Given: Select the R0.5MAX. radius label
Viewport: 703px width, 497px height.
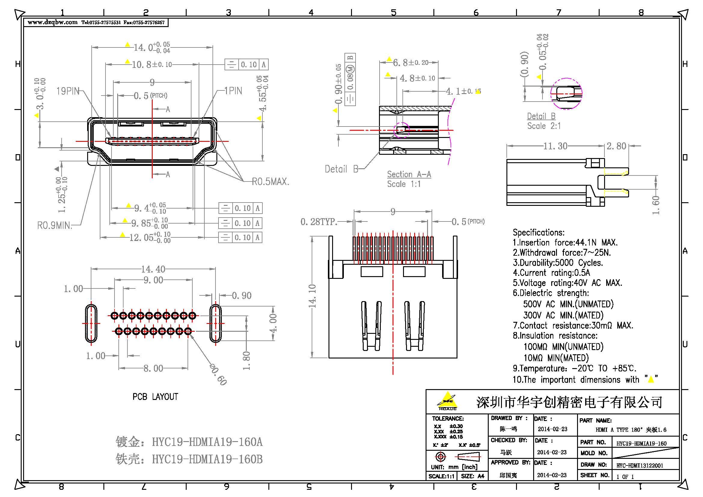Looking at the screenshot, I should (270, 182).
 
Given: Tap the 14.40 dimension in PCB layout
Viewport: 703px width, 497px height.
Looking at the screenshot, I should (153, 269).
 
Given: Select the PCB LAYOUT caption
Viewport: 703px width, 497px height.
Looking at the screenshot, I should (155, 397).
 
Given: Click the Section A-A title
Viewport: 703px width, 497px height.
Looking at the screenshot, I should (409, 175).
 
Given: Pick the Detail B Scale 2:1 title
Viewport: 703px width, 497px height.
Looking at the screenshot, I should (541, 116).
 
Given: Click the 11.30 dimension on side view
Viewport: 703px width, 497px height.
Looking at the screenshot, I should (555, 146).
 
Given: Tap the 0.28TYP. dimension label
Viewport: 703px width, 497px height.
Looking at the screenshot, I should (318, 221).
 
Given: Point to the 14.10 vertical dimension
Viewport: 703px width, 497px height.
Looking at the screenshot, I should (312, 296).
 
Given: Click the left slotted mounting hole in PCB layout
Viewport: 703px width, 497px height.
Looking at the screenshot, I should (91, 323).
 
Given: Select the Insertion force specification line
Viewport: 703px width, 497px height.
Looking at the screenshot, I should (565, 243).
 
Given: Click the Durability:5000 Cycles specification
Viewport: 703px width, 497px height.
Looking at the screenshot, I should (558, 263).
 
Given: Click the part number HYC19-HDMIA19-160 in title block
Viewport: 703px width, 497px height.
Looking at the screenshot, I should (641, 443).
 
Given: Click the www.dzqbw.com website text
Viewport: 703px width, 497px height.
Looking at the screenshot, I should (52, 22).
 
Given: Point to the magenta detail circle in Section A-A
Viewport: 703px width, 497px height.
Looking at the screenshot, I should (401, 130).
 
